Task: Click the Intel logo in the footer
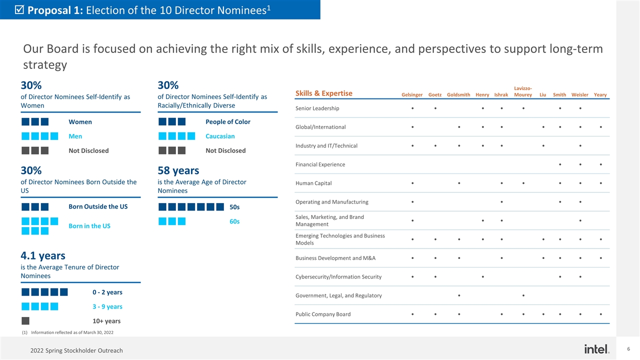coord(596,348)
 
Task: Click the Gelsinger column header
coord(412,95)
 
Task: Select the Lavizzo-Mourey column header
coord(523,92)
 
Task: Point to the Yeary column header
coord(600,95)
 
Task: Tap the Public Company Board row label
coord(323,314)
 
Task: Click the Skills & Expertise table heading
coord(324,93)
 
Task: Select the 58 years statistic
coord(178,170)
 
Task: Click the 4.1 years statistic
coord(43,255)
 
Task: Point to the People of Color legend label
coord(228,122)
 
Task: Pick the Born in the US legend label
coord(89,226)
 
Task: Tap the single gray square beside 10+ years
coord(25,321)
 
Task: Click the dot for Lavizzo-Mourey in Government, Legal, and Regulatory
coord(523,295)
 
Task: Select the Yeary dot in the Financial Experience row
coord(600,164)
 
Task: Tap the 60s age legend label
coord(234,221)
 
